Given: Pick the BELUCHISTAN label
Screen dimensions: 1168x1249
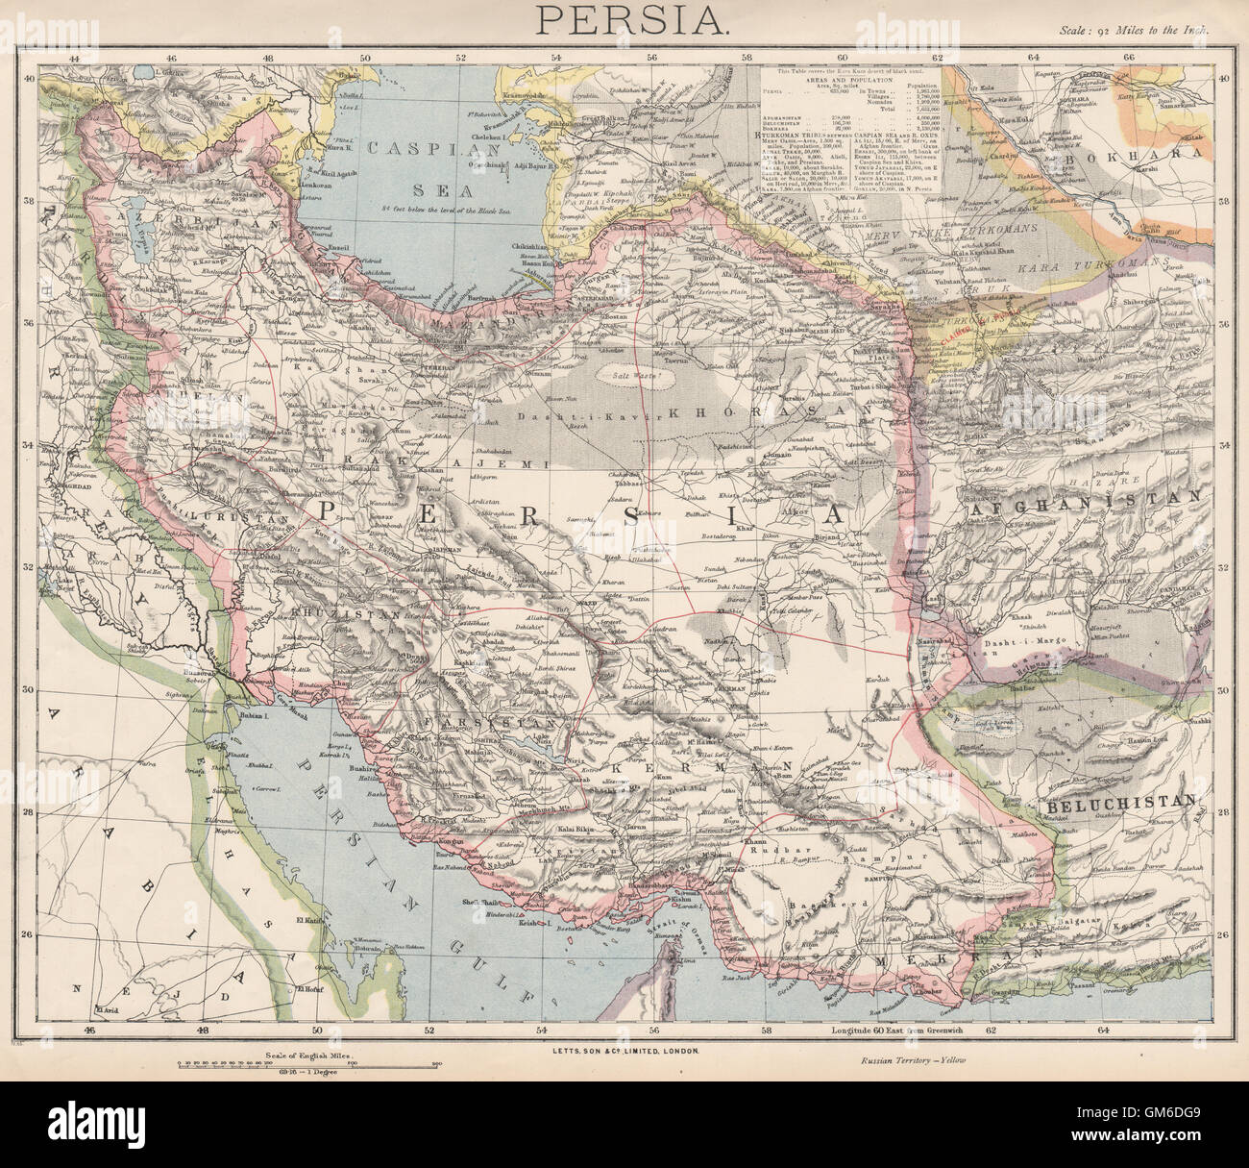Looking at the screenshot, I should [1122, 800].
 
